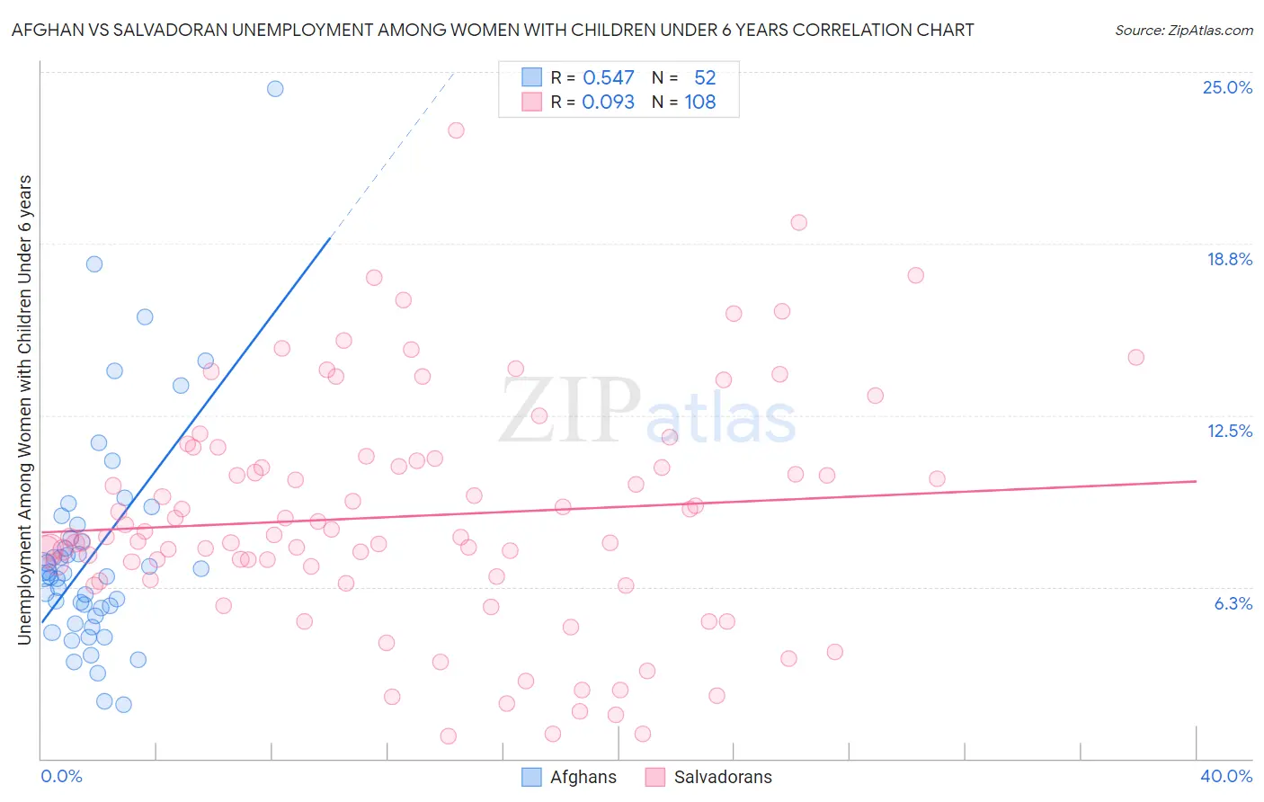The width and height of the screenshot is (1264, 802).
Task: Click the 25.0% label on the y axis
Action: point(1227,87)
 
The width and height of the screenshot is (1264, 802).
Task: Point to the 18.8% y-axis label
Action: point(1229,259)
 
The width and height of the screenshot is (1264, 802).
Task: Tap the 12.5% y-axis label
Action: point(1229,431)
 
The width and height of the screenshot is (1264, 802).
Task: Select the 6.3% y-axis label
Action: point(1233,603)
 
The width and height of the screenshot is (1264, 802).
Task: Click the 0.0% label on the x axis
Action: point(61,776)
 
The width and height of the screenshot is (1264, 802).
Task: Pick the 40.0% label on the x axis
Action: point(1225,776)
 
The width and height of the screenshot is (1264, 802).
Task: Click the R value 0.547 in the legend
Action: point(609,78)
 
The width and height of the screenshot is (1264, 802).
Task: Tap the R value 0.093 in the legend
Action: point(609,102)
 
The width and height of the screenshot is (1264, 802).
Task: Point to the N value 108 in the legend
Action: point(700,102)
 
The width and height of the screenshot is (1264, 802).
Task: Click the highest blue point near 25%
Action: point(275,89)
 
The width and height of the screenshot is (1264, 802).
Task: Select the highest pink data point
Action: point(456,130)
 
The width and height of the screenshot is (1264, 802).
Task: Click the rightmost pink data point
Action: point(1135,357)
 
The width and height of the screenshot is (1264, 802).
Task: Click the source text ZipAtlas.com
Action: point(1183,31)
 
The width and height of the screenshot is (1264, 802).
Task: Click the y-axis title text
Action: point(25,410)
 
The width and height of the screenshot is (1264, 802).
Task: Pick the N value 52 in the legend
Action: point(705,78)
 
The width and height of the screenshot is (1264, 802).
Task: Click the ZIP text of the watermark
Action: point(569,410)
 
